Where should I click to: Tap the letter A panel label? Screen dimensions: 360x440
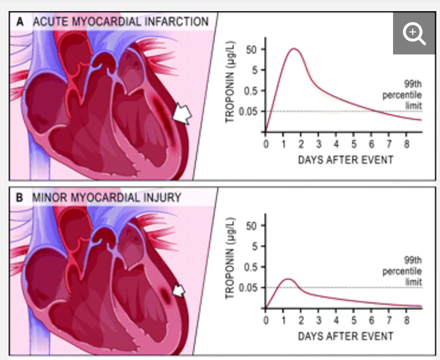click(x=20, y=22)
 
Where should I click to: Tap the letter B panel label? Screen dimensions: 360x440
click(x=20, y=198)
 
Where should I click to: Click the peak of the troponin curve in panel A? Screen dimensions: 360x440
click(x=294, y=49)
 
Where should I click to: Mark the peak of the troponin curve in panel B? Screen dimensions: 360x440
click(x=288, y=279)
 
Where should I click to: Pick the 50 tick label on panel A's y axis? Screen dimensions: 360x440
click(x=252, y=49)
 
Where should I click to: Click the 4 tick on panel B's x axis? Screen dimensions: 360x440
click(x=336, y=320)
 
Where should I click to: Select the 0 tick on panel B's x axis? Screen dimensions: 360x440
click(x=266, y=320)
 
